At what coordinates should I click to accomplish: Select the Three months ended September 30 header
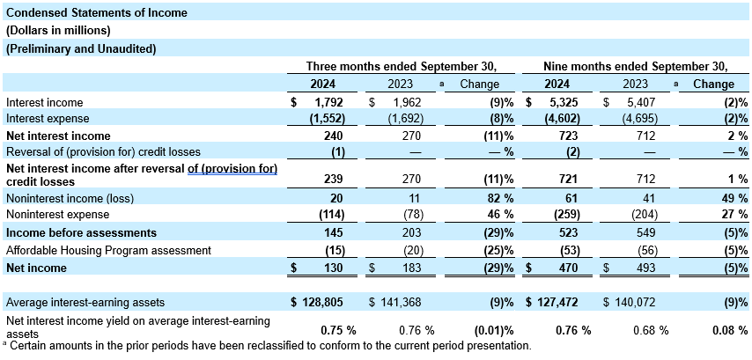click(x=402, y=66)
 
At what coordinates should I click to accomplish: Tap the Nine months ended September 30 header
click(x=634, y=66)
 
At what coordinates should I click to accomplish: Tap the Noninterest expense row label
click(x=55, y=216)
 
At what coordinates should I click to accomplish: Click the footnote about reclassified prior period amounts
click(x=268, y=346)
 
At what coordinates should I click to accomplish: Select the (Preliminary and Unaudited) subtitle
click(x=81, y=49)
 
